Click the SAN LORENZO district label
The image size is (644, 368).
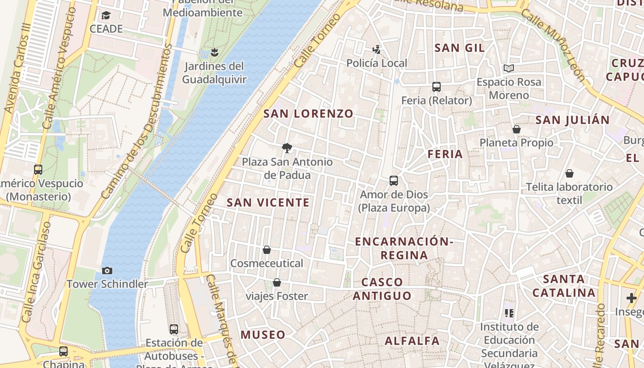[x=308, y=114]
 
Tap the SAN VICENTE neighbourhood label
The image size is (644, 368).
[x=268, y=202]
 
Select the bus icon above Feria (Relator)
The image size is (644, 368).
[x=437, y=86]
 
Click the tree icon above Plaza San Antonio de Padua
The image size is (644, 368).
[x=287, y=148]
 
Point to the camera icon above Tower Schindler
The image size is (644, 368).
[x=107, y=270]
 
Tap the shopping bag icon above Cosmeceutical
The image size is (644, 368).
[x=266, y=250]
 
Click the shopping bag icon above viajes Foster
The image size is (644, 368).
[x=277, y=282]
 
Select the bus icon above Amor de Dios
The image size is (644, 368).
[x=394, y=181]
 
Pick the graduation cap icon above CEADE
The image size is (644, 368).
[x=106, y=16]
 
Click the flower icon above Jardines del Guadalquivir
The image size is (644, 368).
[x=214, y=52]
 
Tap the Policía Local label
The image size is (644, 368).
[x=377, y=63]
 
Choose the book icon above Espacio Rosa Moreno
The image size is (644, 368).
[x=508, y=69]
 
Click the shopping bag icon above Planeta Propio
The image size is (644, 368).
[x=517, y=129]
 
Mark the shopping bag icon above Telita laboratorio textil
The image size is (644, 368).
[x=569, y=173]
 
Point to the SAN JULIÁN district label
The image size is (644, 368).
[x=573, y=120]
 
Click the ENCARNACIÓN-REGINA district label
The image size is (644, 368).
[x=404, y=248]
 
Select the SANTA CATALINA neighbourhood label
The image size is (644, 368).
[x=564, y=286]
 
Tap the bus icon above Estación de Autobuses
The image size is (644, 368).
[x=174, y=329]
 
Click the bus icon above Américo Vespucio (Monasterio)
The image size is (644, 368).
[x=38, y=170]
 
